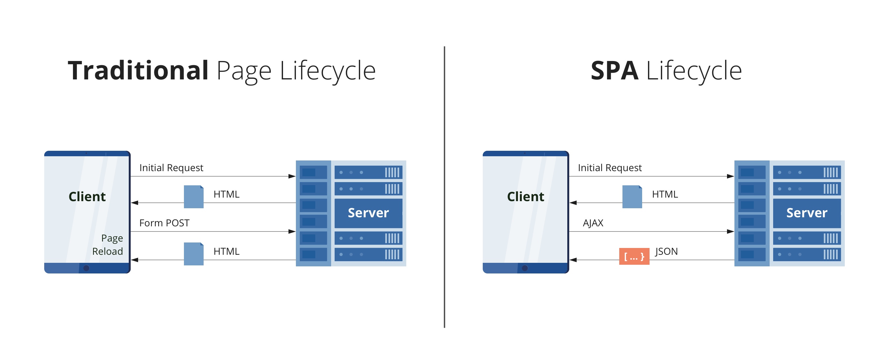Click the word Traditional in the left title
(x=138, y=71)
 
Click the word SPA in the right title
(x=614, y=71)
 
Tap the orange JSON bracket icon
(x=634, y=256)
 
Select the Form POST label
(x=164, y=223)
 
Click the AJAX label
(x=593, y=223)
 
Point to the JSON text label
(x=666, y=251)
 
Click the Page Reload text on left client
(x=108, y=245)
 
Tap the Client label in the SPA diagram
(x=525, y=197)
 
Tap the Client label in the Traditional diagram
(x=87, y=197)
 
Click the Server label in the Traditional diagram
(x=368, y=213)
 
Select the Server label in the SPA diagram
(x=806, y=213)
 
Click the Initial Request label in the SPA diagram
(x=610, y=168)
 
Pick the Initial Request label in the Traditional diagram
(x=171, y=168)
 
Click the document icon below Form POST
(x=193, y=254)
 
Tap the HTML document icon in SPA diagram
(x=632, y=197)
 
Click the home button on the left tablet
(x=86, y=268)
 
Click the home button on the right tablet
(x=525, y=268)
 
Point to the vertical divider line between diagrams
(x=445, y=186)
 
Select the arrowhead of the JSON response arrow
(x=573, y=260)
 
